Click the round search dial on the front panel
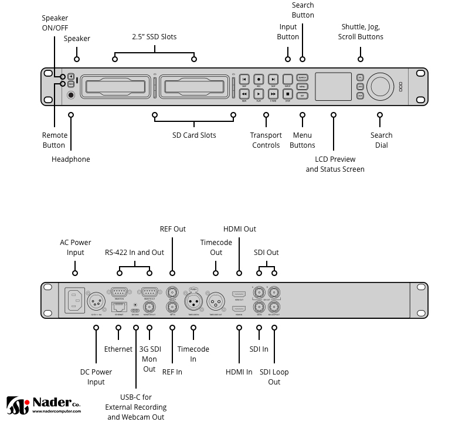coord(380,86)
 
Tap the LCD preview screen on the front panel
coord(334,86)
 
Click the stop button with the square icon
coord(288,93)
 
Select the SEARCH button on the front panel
coord(303,77)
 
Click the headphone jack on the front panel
coord(71,95)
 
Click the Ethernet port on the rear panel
coord(118,307)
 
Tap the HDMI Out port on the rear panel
coord(239,294)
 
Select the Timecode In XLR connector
coord(194,302)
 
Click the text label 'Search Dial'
coord(381,140)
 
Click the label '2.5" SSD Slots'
coord(154,37)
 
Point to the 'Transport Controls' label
coord(266,140)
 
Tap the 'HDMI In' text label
coord(239,372)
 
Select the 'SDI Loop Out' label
coord(274,377)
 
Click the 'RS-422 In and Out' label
coord(135,253)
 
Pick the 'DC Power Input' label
coord(96,377)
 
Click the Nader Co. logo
coord(43,405)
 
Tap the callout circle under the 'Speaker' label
coord(76,59)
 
